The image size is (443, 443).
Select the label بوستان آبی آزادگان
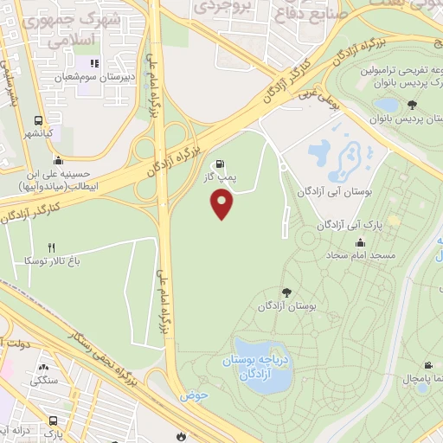(332, 191)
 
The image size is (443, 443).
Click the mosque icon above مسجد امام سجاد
(359, 243)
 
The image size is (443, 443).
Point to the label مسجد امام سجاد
(360, 257)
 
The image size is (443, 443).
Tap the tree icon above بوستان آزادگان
(286, 292)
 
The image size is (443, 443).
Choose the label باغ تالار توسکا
(52, 260)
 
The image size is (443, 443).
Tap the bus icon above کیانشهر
(38, 122)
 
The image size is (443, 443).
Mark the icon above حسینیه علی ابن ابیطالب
(57, 159)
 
